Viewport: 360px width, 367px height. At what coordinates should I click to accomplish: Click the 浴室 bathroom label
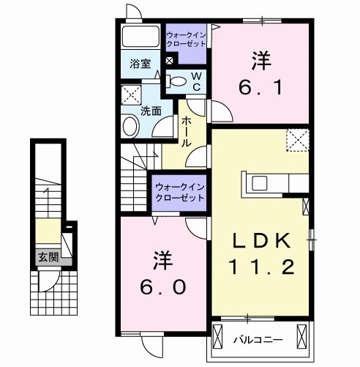pyautogui.click(x=141, y=64)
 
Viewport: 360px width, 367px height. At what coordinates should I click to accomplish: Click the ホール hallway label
pyautogui.click(x=187, y=132)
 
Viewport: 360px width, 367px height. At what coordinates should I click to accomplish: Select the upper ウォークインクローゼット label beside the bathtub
pyautogui.click(x=187, y=38)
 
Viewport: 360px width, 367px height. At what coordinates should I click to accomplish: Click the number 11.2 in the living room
pyautogui.click(x=263, y=267)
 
